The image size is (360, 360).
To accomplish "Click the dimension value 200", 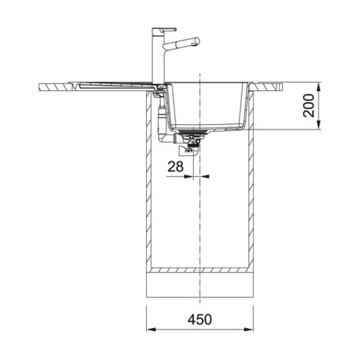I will (311, 105).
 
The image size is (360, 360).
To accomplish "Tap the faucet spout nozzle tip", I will (196, 41).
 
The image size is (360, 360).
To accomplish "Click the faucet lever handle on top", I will (164, 29).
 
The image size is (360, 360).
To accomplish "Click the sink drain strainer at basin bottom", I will (191, 133).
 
